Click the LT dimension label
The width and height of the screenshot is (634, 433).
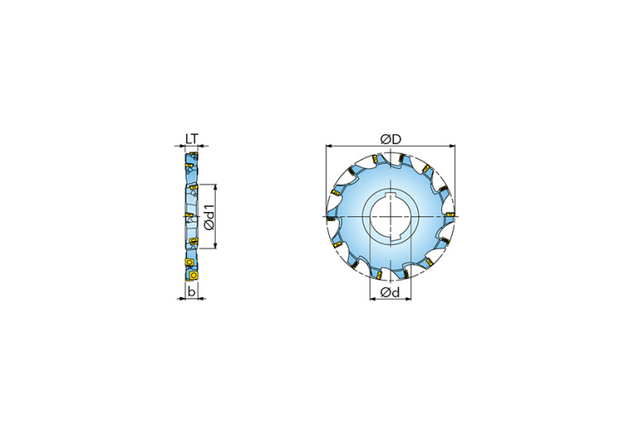click(192, 139)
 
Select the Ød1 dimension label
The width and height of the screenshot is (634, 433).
click(210, 216)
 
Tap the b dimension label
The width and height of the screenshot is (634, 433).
click(192, 291)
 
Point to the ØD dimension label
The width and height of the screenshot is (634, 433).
click(391, 139)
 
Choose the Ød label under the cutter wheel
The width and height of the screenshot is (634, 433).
click(390, 291)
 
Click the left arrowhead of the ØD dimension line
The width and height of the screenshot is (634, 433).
click(328, 146)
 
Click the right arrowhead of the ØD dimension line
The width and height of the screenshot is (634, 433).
click(452, 146)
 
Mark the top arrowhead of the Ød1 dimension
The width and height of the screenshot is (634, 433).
click(215, 187)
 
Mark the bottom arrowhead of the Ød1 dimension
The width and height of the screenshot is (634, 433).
click(215, 245)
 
